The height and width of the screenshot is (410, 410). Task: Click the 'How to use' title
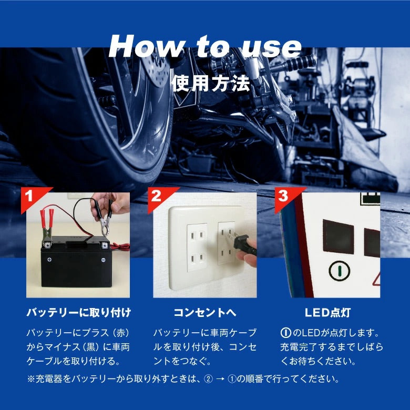[x=205, y=46]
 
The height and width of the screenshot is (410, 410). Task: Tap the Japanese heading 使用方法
[x=211, y=84]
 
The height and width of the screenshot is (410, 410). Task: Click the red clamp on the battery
[x=47, y=226]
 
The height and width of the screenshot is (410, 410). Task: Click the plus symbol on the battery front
[x=49, y=259]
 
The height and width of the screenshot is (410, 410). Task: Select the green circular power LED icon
[x=340, y=271]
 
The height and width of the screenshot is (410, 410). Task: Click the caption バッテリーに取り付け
[x=79, y=312]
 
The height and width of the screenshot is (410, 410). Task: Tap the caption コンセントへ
[x=205, y=312]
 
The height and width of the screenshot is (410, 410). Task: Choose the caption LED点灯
[x=327, y=312]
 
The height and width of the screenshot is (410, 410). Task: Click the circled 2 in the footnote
[x=208, y=379]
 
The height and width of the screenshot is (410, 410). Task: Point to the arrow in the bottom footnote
[x=220, y=379]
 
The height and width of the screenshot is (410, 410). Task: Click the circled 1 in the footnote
[x=232, y=379]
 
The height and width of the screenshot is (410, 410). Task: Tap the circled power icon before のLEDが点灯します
[x=285, y=333]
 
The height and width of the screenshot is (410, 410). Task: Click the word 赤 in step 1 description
[x=121, y=333]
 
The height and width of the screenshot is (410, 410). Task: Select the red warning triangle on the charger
[x=377, y=279]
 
